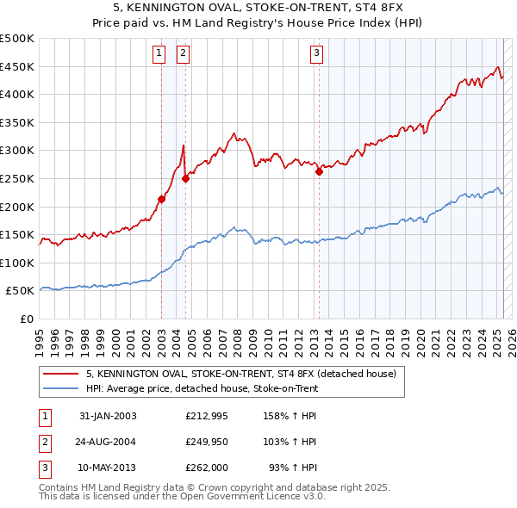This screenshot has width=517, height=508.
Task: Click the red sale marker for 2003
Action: click(x=161, y=199)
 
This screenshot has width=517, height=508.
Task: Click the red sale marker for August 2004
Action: click(x=185, y=178)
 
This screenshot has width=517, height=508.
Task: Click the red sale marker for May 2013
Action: click(x=319, y=171)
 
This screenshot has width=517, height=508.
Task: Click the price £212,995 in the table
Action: click(x=203, y=416)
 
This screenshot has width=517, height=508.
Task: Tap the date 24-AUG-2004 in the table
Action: click(x=108, y=442)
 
